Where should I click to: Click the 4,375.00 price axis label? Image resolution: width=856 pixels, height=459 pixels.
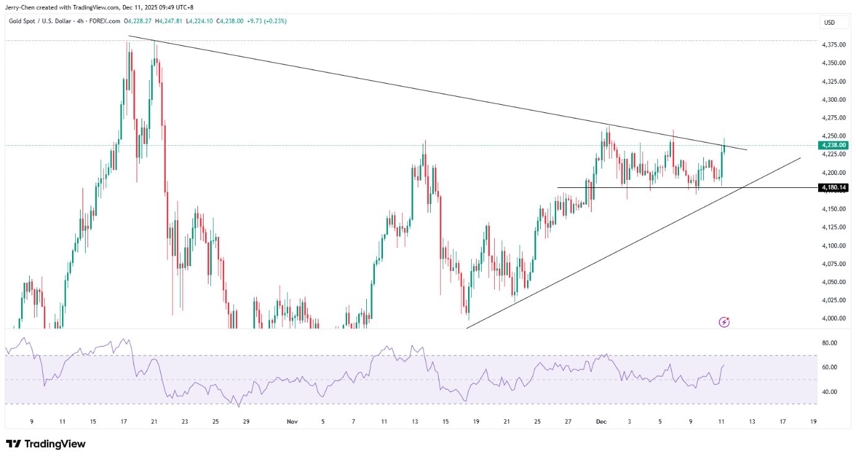click(x=833, y=45)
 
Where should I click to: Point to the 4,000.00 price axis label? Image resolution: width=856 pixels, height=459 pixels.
click(x=833, y=319)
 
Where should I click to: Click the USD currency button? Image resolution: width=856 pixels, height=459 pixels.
click(x=829, y=23)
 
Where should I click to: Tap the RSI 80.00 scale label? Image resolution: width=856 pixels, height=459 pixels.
click(x=829, y=343)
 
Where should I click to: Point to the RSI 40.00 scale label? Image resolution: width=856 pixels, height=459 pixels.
click(x=829, y=392)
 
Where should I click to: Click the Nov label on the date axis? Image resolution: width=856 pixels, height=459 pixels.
click(x=293, y=422)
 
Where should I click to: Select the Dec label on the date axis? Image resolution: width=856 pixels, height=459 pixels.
click(x=601, y=422)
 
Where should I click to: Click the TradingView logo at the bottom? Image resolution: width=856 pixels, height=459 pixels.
click(x=46, y=444)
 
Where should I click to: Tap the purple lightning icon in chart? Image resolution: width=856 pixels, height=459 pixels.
click(x=724, y=322)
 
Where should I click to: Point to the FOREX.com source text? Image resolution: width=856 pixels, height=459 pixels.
click(x=104, y=20)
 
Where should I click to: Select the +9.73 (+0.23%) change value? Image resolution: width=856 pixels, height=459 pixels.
click(x=249, y=20)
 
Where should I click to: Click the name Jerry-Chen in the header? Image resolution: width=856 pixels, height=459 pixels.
click(x=20, y=7)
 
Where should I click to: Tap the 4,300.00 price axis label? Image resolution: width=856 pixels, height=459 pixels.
click(x=833, y=100)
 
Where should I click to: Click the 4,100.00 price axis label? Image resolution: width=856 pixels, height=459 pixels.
click(x=833, y=246)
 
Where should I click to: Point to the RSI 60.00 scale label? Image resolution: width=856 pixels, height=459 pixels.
click(x=829, y=368)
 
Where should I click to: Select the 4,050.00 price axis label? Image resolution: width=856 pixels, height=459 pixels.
click(x=833, y=282)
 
